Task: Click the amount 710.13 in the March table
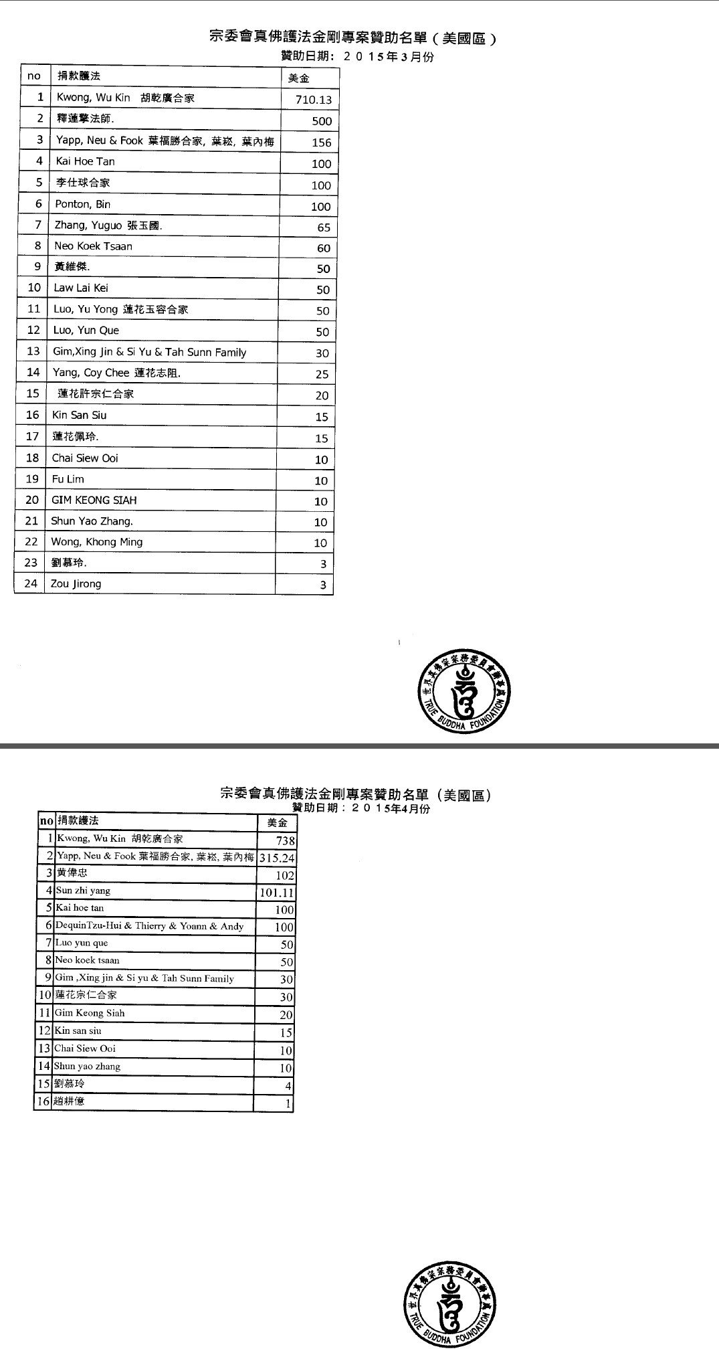[314, 100]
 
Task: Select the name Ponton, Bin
[82, 204]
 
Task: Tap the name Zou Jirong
[76, 583]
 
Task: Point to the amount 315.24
[276, 858]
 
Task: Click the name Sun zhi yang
[83, 891]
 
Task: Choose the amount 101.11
[276, 893]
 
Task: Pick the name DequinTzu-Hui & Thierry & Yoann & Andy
[149, 926]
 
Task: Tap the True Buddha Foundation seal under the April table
[449, 1305]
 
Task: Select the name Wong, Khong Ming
[96, 542]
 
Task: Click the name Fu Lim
[68, 479]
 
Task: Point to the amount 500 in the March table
[322, 121]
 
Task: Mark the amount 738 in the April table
[286, 841]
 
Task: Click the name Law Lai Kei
[81, 288]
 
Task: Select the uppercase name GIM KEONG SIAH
[94, 500]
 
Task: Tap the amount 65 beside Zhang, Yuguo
[324, 227]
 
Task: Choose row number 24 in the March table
[30, 583]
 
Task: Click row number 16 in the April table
[43, 1101]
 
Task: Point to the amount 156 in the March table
[322, 143]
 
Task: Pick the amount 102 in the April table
[285, 876]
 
